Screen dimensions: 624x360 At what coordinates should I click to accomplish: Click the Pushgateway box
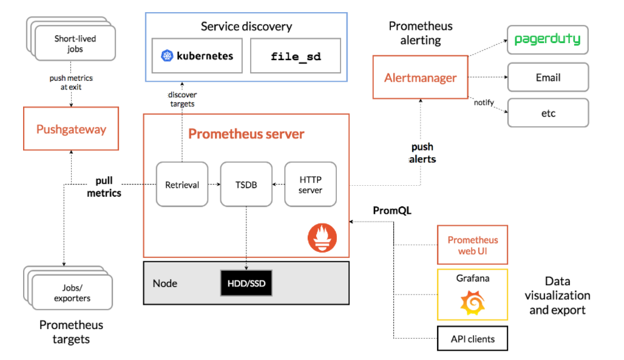click(71, 129)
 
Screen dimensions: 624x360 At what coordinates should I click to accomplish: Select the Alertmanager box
click(420, 77)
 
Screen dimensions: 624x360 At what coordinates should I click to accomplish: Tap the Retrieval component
click(182, 185)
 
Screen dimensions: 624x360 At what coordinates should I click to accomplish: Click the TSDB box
click(246, 185)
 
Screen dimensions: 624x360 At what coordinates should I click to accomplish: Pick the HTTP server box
click(310, 185)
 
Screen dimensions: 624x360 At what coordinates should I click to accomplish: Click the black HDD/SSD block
click(246, 283)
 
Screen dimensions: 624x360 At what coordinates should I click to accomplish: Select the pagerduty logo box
click(548, 39)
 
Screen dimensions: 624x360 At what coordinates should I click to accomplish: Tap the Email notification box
click(548, 77)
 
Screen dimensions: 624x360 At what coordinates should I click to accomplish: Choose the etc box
click(548, 113)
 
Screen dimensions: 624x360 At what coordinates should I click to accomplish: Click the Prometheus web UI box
click(472, 245)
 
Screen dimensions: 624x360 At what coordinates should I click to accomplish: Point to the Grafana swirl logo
click(473, 303)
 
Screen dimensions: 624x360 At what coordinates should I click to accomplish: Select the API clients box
click(472, 339)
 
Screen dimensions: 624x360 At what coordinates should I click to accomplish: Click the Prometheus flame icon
click(322, 238)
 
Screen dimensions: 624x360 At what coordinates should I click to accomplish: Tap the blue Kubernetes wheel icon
click(167, 56)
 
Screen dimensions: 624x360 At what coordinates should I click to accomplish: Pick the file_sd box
click(295, 56)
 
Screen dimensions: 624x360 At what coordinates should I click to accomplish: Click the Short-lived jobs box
click(75, 44)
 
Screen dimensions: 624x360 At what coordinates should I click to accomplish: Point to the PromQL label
click(392, 211)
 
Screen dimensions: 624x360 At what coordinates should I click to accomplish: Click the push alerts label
click(422, 153)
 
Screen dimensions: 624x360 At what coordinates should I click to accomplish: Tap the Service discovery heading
click(246, 26)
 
